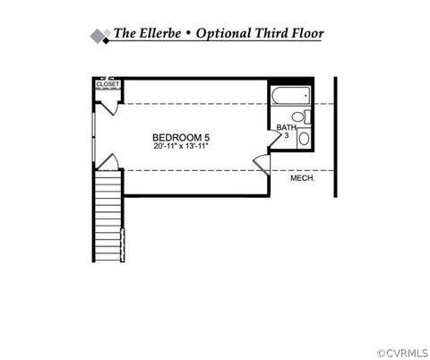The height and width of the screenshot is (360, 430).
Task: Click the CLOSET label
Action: click(107, 84)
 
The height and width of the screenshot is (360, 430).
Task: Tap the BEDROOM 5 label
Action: click(181, 138)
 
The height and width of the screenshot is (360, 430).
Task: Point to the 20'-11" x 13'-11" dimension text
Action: click(181, 146)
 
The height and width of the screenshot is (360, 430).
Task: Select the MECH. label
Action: click(303, 178)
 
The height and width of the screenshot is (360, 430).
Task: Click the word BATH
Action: click(286, 127)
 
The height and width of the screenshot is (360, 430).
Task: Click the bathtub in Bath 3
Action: click(291, 95)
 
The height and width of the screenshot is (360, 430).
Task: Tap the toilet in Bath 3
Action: click(301, 116)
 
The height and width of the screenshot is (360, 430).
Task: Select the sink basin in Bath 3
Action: click(304, 139)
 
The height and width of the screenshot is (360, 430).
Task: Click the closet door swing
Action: click(108, 108)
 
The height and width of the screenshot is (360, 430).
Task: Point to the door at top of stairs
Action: click(108, 162)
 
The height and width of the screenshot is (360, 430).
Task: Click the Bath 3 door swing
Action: click(275, 138)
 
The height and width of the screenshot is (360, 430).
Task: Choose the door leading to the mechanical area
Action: click(262, 165)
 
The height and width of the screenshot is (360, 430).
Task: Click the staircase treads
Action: click(107, 216)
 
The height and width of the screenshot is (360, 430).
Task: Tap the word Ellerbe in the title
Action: click(160, 33)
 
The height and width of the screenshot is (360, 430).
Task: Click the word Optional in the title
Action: click(223, 34)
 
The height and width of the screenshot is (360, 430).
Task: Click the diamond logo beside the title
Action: click(101, 37)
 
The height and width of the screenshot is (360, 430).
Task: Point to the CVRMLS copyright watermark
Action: click(402, 353)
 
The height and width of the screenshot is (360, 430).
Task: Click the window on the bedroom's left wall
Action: click(94, 138)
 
